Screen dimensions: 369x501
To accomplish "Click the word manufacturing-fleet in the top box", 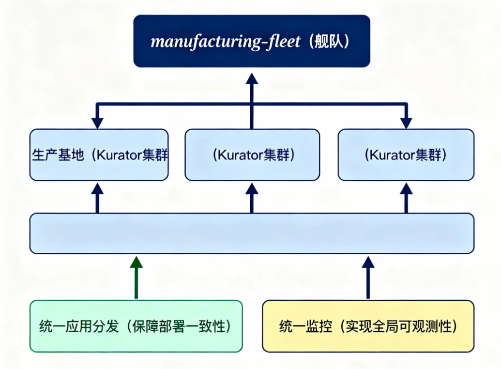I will tap(226, 42).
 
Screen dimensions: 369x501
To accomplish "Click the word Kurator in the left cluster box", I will tap(119, 155).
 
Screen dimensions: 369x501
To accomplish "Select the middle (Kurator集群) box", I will tap(252, 155).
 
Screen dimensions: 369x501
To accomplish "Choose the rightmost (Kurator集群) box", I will tap(406, 155).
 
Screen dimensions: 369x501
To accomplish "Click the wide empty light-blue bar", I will tap(252, 233).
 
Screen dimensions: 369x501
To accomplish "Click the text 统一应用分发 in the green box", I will tap(79, 326).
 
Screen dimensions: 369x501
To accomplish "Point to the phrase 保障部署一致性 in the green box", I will tap(180, 326).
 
